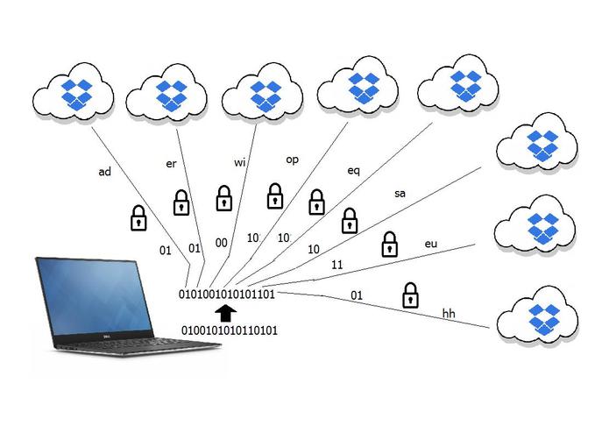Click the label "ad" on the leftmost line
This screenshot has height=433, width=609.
coord(104,172)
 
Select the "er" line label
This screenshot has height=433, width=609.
coord(172,163)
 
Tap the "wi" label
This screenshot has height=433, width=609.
coord(240,161)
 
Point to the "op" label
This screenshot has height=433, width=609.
coord(293,160)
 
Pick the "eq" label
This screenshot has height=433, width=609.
coord(354,171)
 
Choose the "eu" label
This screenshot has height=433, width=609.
coord(430,243)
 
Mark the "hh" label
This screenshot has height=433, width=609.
coord(449,313)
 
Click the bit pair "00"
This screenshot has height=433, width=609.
coord(221,244)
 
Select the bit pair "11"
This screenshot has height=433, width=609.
coord(336,265)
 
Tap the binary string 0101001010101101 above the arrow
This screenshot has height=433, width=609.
coord(228,294)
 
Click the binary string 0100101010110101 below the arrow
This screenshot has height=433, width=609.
coord(229,330)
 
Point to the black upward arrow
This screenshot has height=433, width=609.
coord(226,312)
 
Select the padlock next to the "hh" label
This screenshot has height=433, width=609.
coord(409,295)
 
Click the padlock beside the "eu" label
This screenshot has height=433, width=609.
coord(389,245)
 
